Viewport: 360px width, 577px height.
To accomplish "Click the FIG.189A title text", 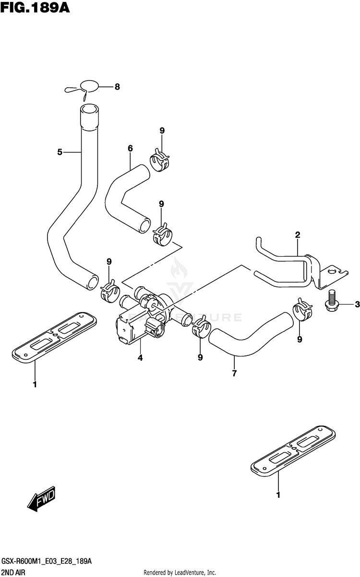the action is [35, 8].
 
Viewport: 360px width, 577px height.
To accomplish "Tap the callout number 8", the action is [117, 87].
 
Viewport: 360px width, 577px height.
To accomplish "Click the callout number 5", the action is [60, 152].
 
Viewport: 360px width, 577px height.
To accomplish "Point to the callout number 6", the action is [130, 148].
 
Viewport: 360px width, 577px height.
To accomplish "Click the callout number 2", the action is [298, 235].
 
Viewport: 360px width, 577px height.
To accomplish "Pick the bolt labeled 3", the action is [330, 301].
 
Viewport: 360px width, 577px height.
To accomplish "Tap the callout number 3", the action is [357, 305].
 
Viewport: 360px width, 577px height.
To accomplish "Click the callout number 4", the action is [140, 358].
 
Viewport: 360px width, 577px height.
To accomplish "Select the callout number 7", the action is [234, 373].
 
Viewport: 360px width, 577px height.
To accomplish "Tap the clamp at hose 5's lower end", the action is [109, 291].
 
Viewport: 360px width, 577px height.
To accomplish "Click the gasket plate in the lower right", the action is [293, 450].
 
